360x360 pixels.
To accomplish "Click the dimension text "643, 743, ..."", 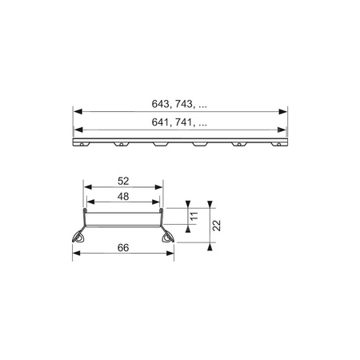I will pos(181,103).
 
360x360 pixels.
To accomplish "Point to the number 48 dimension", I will pos(123,197).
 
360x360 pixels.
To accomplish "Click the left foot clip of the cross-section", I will pos(82,238).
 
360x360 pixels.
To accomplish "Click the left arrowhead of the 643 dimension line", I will pos(77,110).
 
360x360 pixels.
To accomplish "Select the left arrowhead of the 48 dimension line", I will pos(89,203).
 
